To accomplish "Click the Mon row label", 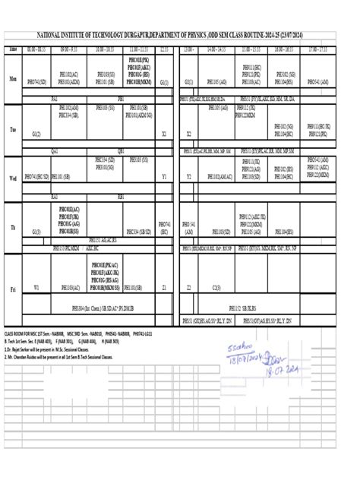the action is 12,77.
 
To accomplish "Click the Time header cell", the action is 12,49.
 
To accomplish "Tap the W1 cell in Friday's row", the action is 36,288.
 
